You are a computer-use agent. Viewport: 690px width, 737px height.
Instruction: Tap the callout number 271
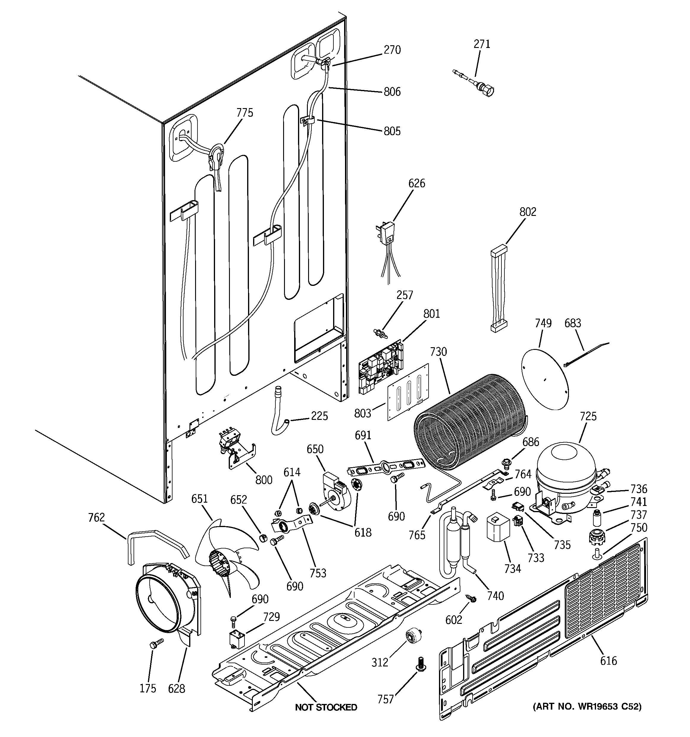pos(482,44)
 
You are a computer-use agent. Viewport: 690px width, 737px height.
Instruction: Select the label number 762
pos(96,517)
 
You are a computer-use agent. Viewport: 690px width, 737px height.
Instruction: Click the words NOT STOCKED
pos(326,707)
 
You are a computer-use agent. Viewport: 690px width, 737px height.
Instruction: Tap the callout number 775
pos(245,113)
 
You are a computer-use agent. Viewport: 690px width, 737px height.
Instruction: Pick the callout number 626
pos(417,183)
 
